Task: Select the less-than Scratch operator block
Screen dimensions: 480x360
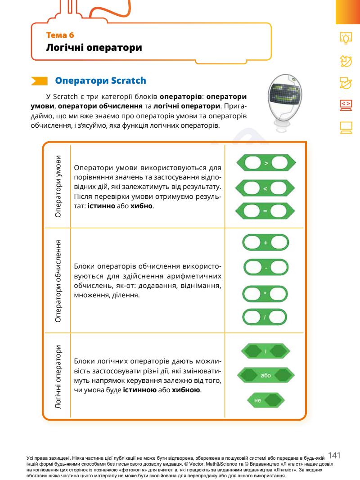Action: (x=265, y=188)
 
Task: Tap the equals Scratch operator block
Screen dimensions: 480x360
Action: (x=265, y=211)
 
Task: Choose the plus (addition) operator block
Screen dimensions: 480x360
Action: (x=265, y=243)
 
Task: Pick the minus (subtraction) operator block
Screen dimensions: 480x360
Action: (x=265, y=268)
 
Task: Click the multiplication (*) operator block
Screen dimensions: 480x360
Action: (x=265, y=293)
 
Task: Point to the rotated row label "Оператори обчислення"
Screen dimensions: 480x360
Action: (x=58, y=280)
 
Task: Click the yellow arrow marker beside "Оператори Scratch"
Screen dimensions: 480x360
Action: (x=39, y=81)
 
